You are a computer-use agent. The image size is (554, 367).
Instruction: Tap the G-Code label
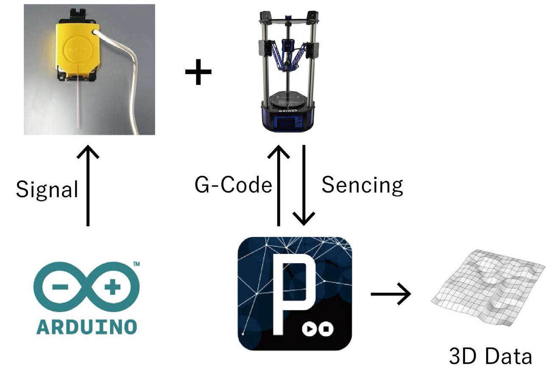pyautogui.click(x=233, y=185)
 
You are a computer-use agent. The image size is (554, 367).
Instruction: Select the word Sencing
pyautogui.click(x=362, y=185)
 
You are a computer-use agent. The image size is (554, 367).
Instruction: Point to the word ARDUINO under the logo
pyautogui.click(x=86, y=326)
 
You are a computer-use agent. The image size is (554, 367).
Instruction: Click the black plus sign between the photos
pyautogui.click(x=198, y=72)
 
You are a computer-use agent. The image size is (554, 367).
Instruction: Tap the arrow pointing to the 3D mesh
pyautogui.click(x=390, y=293)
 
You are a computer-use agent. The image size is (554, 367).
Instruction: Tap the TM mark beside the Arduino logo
pyautogui.click(x=136, y=264)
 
